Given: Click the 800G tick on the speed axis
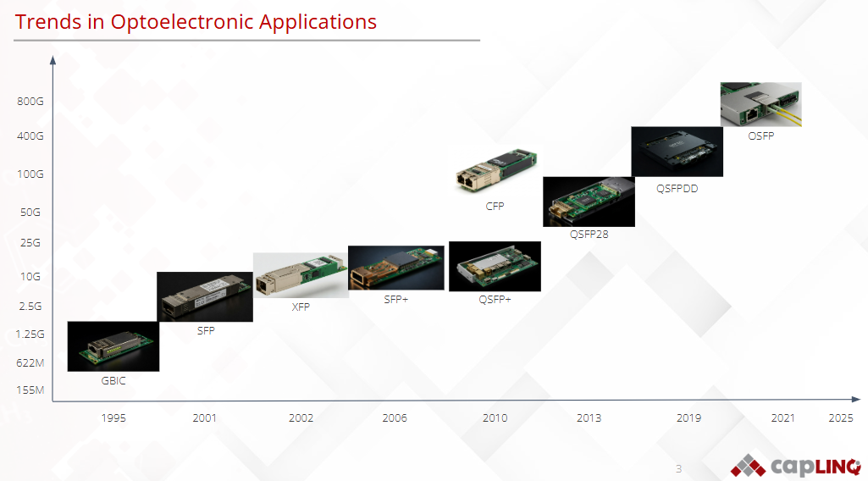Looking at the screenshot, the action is [x=30, y=102].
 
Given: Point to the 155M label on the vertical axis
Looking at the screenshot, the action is [x=30, y=390].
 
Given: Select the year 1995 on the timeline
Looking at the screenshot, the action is [x=113, y=417].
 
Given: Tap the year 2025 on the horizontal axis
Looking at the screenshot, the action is [x=840, y=417].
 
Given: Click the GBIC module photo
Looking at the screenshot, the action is [x=113, y=346].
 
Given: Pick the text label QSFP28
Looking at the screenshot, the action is [x=589, y=234].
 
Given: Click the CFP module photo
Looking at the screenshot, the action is [x=495, y=169].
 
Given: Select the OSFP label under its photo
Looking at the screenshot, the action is [x=761, y=136].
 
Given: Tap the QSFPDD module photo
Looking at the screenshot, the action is [x=677, y=152].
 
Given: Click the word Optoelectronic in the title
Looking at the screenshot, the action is [x=182, y=22].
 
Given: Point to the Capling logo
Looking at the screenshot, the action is [x=795, y=466].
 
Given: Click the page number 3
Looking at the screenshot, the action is [x=678, y=469].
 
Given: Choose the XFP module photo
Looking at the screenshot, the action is [x=301, y=276].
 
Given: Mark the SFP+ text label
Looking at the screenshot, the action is [x=395, y=300].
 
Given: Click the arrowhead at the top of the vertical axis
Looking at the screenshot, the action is [x=53, y=60].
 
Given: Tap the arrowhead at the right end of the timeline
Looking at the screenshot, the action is [x=856, y=399].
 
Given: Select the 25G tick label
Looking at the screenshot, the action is [x=30, y=243].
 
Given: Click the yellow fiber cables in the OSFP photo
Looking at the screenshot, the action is [x=785, y=116].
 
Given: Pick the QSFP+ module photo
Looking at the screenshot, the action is [x=495, y=266].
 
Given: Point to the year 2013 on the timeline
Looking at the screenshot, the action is [x=589, y=417].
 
